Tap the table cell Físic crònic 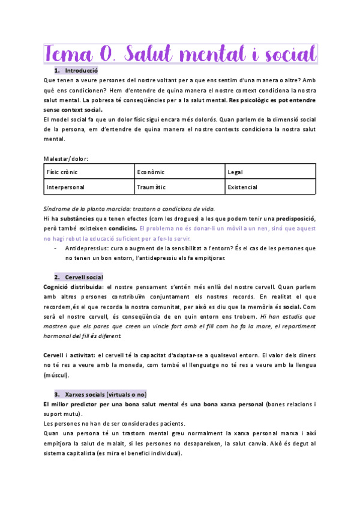[62, 172]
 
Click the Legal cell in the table [235, 172]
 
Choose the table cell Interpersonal [68, 187]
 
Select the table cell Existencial [243, 187]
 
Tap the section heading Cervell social [84, 277]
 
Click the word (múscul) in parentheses [56, 375]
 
